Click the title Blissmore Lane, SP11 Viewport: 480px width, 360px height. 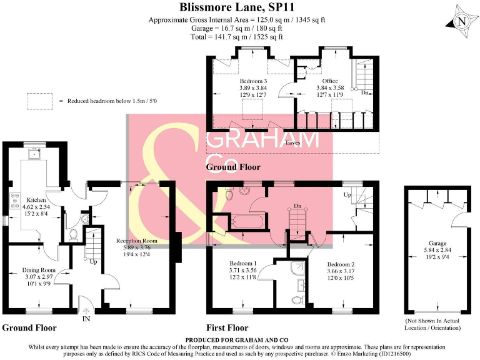[240, 7]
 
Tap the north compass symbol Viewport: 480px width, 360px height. [461, 21]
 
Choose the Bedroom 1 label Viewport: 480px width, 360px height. [244, 263]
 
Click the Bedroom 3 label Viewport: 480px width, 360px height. [253, 81]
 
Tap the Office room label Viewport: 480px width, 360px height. [329, 81]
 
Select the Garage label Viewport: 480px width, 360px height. [438, 244]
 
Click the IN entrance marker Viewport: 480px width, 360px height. [86, 318]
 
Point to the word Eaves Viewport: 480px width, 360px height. [292, 143]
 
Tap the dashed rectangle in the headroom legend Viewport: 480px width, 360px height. [39, 101]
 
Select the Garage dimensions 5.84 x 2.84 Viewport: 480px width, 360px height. [438, 251]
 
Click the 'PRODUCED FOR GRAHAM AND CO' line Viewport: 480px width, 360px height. [240, 340]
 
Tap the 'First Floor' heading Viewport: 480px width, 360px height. [227, 327]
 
